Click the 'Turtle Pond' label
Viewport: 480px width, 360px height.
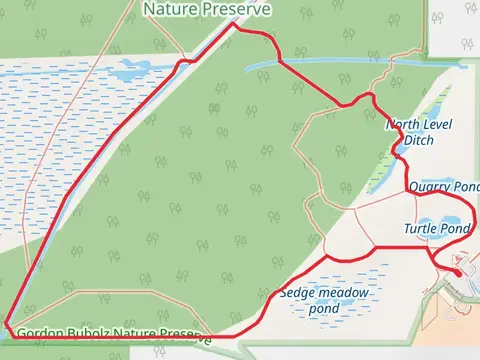coord(437,230)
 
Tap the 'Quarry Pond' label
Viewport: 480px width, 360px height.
coord(444,187)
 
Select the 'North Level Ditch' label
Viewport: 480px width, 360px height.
coord(418,132)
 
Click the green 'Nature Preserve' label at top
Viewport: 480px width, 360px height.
coord(208,9)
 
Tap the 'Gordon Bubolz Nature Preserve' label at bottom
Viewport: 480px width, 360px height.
coord(108,333)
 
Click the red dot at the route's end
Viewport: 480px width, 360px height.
coord(458,273)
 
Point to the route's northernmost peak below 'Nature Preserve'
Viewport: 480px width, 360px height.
coord(236,27)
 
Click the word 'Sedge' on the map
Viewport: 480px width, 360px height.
coord(298,293)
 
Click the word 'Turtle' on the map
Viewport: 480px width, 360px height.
coord(422,230)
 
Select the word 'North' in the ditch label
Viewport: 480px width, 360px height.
coord(404,125)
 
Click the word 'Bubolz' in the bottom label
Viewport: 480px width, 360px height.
coord(89,333)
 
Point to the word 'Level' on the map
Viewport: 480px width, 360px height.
coord(437,125)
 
